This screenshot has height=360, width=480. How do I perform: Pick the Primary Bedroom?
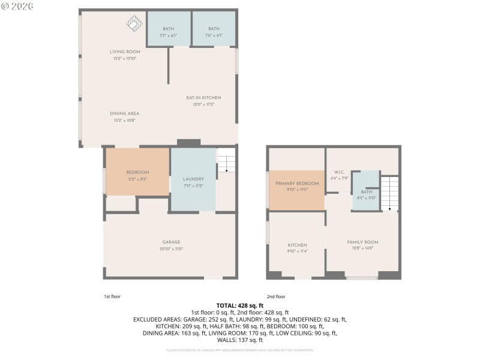click(x=296, y=186)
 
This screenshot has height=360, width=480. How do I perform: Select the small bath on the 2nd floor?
click(x=366, y=191)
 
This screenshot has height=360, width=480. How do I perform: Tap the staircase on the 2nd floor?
click(x=390, y=193)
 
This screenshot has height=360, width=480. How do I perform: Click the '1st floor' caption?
click(x=112, y=296)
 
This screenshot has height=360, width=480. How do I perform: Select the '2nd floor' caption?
click(x=275, y=296)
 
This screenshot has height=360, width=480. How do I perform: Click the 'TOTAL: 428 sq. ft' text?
click(x=240, y=305)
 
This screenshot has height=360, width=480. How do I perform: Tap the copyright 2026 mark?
click(x=18, y=5)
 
